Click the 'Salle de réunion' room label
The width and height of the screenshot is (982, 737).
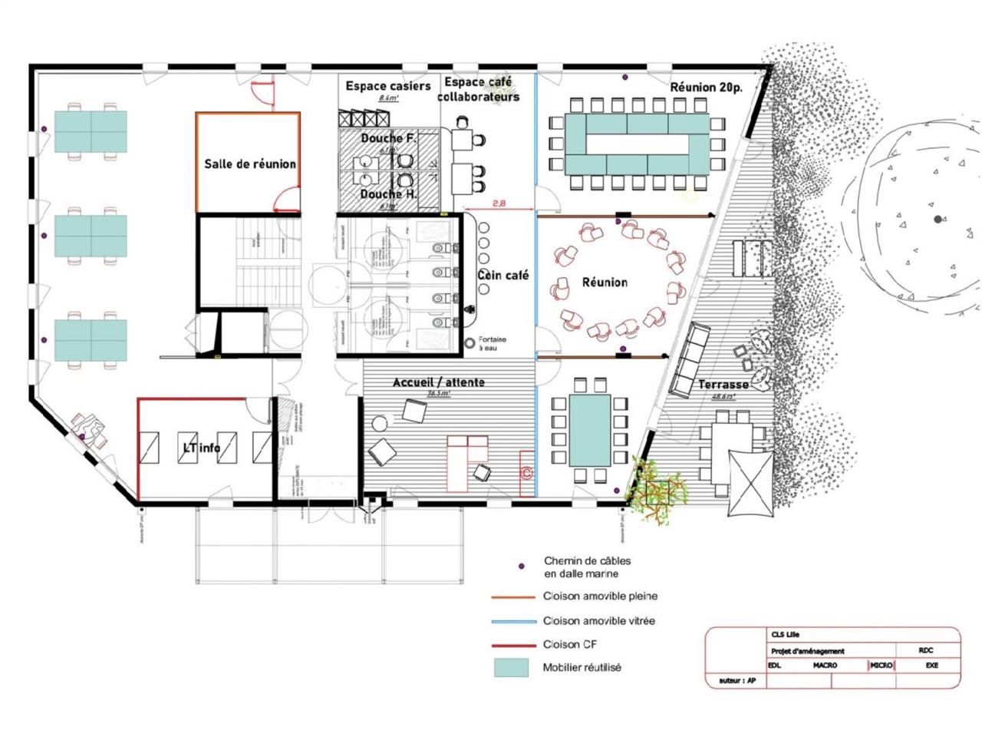pyautogui.click(x=249, y=164)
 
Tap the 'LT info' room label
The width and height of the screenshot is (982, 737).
pyautogui.click(x=201, y=448)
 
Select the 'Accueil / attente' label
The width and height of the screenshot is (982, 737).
pyautogui.click(x=438, y=382)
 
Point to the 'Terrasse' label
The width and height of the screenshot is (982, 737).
pyautogui.click(x=723, y=384)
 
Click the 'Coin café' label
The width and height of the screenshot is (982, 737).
pyautogui.click(x=503, y=275)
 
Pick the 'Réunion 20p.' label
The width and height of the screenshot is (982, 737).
pyautogui.click(x=706, y=87)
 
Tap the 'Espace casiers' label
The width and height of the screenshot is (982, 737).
pyautogui.click(x=387, y=86)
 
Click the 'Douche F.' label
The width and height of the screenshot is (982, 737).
pyautogui.click(x=388, y=138)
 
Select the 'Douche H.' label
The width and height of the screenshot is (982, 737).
pyautogui.click(x=388, y=194)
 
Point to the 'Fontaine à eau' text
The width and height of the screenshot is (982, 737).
pyautogui.click(x=492, y=343)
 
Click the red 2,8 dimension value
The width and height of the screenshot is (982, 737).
pyautogui.click(x=498, y=203)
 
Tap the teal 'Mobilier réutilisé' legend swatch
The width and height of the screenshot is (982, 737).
pyautogui.click(x=511, y=667)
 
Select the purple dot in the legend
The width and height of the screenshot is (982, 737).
pyautogui.click(x=522, y=567)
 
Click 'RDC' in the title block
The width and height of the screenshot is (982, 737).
pyautogui.click(x=926, y=650)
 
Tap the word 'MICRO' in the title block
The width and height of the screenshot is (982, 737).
pyautogui.click(x=881, y=665)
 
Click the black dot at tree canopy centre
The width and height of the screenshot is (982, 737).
pyautogui.click(x=938, y=220)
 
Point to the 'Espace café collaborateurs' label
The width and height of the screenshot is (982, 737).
pyautogui.click(x=478, y=89)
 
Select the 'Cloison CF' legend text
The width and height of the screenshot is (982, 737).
pyautogui.click(x=571, y=645)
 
